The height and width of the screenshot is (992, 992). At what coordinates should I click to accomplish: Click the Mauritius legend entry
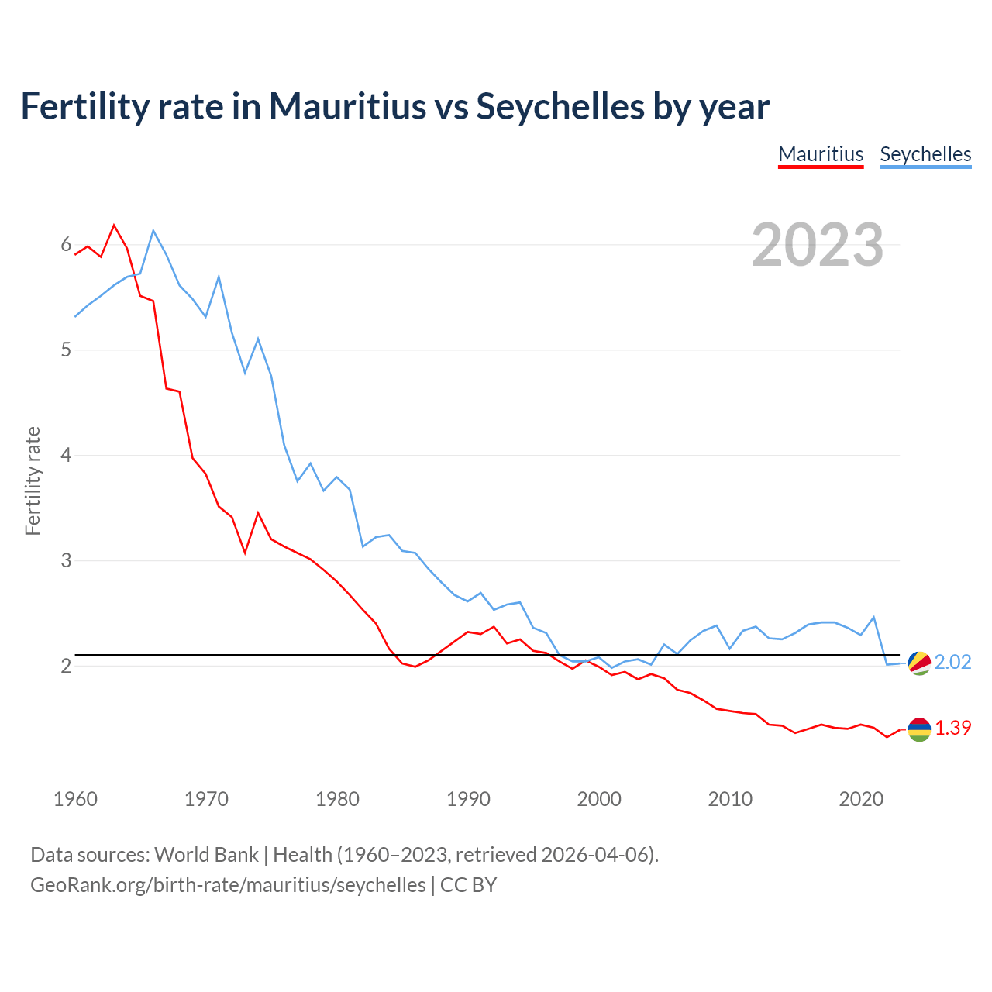(x=821, y=154)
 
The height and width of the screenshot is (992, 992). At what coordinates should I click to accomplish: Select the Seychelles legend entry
(x=925, y=154)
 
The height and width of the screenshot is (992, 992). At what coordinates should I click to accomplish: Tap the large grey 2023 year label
(x=817, y=245)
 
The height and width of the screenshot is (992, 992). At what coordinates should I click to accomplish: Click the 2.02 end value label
(x=952, y=662)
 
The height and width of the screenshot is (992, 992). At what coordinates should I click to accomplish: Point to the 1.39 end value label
(x=952, y=728)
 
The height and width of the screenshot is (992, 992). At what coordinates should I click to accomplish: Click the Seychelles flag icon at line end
(x=919, y=663)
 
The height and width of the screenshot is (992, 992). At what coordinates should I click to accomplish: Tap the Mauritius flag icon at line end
(x=919, y=729)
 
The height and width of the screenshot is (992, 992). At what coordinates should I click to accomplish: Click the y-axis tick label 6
(x=66, y=245)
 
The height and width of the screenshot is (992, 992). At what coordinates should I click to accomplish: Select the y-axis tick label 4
(x=66, y=455)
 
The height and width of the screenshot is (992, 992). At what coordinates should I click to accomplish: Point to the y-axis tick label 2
(x=66, y=666)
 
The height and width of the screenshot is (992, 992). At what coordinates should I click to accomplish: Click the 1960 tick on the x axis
(x=75, y=799)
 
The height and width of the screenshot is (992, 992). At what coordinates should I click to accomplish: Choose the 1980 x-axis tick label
(x=337, y=799)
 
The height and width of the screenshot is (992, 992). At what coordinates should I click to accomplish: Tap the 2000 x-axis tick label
(x=599, y=799)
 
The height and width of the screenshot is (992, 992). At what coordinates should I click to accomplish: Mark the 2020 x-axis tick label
(x=861, y=799)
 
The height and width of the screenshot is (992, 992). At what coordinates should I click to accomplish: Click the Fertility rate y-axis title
(x=33, y=480)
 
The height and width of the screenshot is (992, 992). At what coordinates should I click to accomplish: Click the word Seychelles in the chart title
(x=560, y=106)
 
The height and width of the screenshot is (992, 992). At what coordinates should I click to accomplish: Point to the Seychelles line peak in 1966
(x=153, y=230)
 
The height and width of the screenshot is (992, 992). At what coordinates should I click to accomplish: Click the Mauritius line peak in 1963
(x=115, y=226)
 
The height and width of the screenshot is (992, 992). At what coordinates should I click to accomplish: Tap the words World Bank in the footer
(x=206, y=854)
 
